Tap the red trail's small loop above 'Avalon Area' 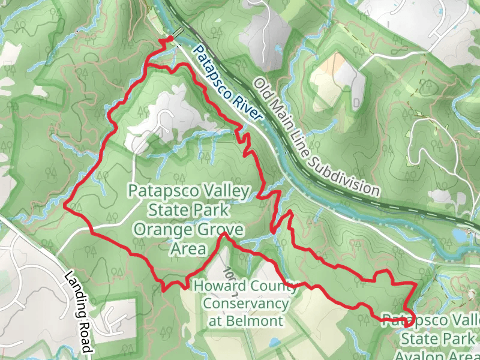pyautogui.click(x=409, y=321)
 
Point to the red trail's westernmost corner pyautogui.click(x=64, y=205)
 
